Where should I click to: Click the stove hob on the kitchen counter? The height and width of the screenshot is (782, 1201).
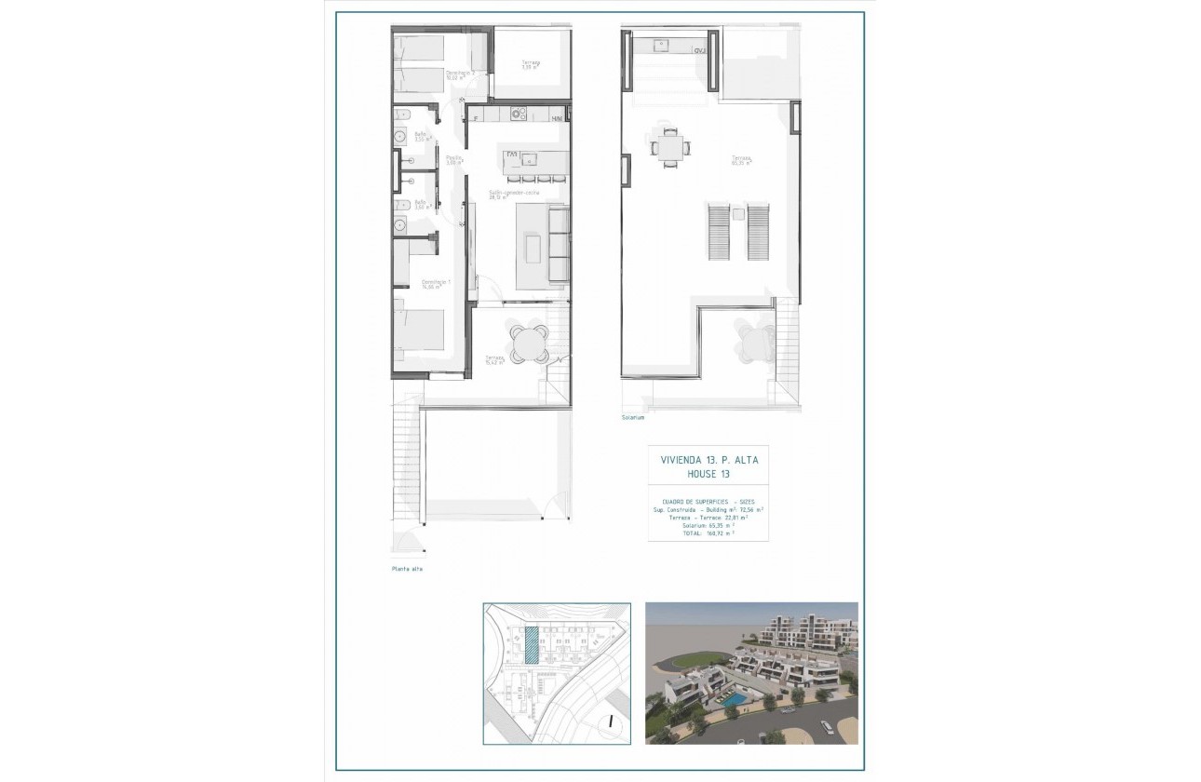pyautogui.click(x=519, y=115)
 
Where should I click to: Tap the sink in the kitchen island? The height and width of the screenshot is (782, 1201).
pyautogui.click(x=528, y=158)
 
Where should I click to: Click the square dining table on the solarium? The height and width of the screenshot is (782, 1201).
pyautogui.click(x=670, y=146)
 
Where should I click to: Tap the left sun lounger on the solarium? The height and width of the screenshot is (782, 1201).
pyautogui.click(x=718, y=232)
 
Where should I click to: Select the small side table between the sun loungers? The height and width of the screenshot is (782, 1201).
pyautogui.click(x=738, y=214)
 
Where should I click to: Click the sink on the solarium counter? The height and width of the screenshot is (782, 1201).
pyautogui.click(x=661, y=44)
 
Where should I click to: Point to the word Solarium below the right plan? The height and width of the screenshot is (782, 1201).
pyautogui.click(x=633, y=418)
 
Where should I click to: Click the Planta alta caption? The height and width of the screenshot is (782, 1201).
pyautogui.click(x=406, y=569)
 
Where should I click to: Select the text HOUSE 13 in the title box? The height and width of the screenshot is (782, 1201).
pyautogui.click(x=708, y=474)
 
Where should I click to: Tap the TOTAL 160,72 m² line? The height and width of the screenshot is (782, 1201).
pyautogui.click(x=708, y=533)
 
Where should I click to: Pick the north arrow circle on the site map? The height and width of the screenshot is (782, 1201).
pyautogui.click(x=608, y=720)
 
